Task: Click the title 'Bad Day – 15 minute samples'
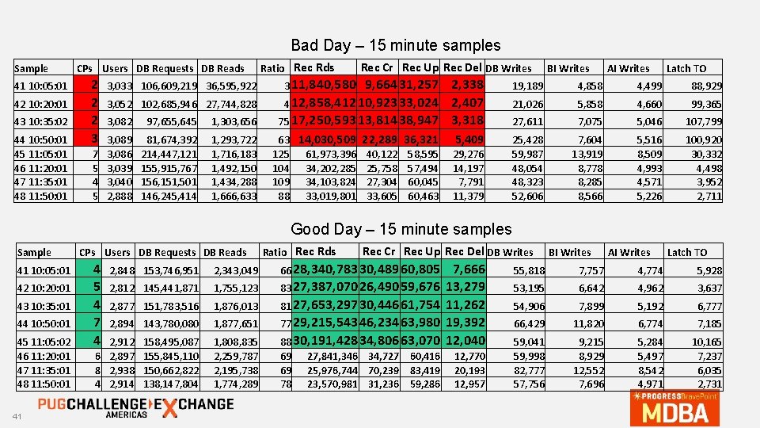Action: [x=395, y=45]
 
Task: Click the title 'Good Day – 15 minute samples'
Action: [x=401, y=229]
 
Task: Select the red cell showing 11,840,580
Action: [x=325, y=85]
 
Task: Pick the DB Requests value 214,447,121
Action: [x=169, y=154]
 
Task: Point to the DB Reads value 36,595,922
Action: [x=230, y=86]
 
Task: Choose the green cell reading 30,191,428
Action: [x=325, y=341]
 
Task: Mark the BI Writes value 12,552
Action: [x=588, y=370]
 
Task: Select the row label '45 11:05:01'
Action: [x=42, y=154]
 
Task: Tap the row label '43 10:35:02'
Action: [x=42, y=121]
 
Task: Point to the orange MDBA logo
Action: [x=675, y=407]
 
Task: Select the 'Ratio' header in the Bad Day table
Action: [x=272, y=69]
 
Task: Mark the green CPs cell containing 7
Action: [x=94, y=323]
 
